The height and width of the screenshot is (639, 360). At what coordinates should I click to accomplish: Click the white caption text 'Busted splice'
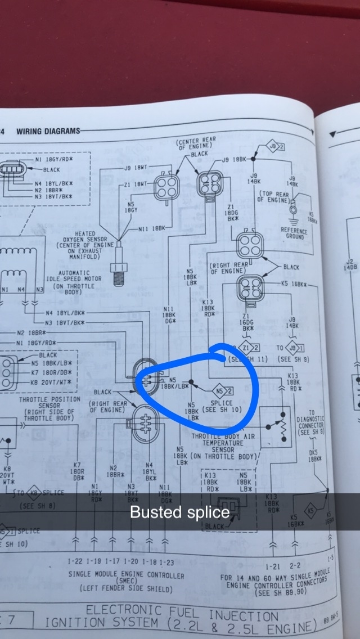179,512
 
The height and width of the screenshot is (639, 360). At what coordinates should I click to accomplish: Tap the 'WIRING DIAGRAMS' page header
48,131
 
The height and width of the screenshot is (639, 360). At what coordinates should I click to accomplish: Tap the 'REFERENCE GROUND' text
294,233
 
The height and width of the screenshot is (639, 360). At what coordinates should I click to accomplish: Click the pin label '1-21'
273,564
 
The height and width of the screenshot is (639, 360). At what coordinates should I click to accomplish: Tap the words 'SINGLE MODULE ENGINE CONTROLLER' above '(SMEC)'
126,575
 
